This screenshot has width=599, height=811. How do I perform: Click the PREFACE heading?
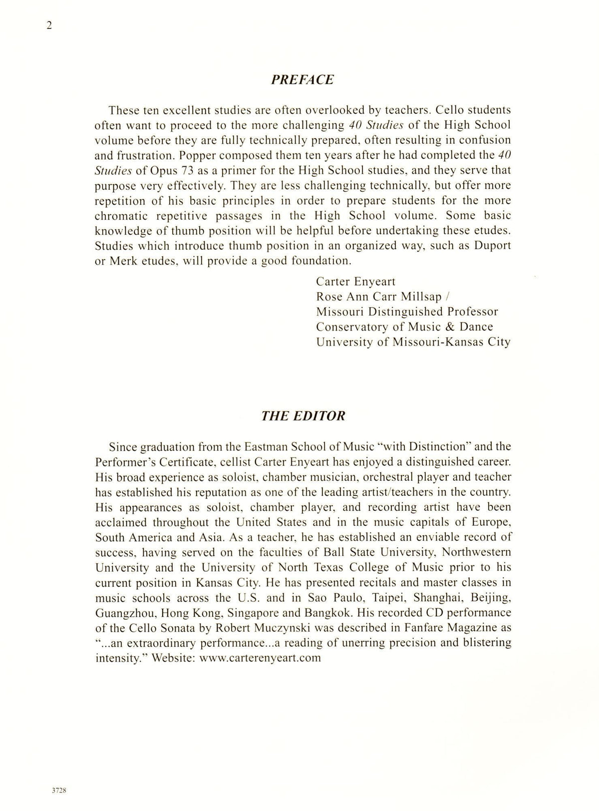[302, 80]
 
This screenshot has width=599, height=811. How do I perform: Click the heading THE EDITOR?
[303, 416]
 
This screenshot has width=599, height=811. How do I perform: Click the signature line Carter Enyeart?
[356, 282]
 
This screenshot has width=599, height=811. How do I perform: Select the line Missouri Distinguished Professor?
[407, 312]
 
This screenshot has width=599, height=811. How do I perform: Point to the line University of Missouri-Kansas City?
[413, 343]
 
